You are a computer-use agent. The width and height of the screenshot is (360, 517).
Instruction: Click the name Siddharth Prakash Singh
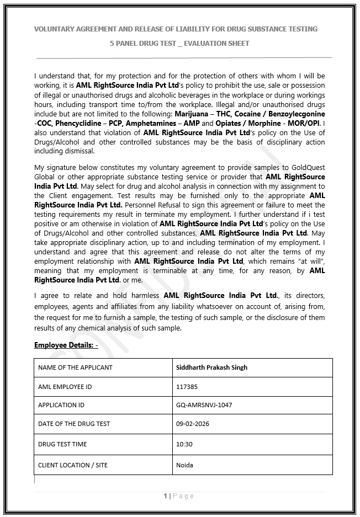[211, 367]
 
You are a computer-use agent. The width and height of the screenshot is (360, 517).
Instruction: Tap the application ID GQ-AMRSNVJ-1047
[204, 405]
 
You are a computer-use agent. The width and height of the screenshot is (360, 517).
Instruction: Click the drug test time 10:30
[184, 444]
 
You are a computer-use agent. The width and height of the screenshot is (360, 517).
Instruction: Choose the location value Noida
[184, 465]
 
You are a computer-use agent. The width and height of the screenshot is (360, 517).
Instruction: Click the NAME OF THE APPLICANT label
[75, 367]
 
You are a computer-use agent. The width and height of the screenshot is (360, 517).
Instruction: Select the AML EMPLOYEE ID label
[65, 387]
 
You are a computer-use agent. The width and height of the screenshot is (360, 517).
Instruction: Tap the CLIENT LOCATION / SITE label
[73, 465]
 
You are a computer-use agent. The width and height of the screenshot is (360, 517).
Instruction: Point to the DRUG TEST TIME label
[62, 444]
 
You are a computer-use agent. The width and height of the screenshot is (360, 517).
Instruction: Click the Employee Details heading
[66, 345]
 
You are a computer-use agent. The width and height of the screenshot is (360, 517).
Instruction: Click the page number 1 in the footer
[165, 496]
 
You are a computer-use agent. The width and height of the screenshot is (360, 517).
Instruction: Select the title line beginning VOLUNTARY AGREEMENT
[176, 29]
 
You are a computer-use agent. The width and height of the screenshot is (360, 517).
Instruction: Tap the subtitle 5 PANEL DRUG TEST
[179, 43]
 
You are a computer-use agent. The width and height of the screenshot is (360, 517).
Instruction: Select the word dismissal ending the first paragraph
[78, 151]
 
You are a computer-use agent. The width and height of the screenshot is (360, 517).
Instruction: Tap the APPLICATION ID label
[61, 405]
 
